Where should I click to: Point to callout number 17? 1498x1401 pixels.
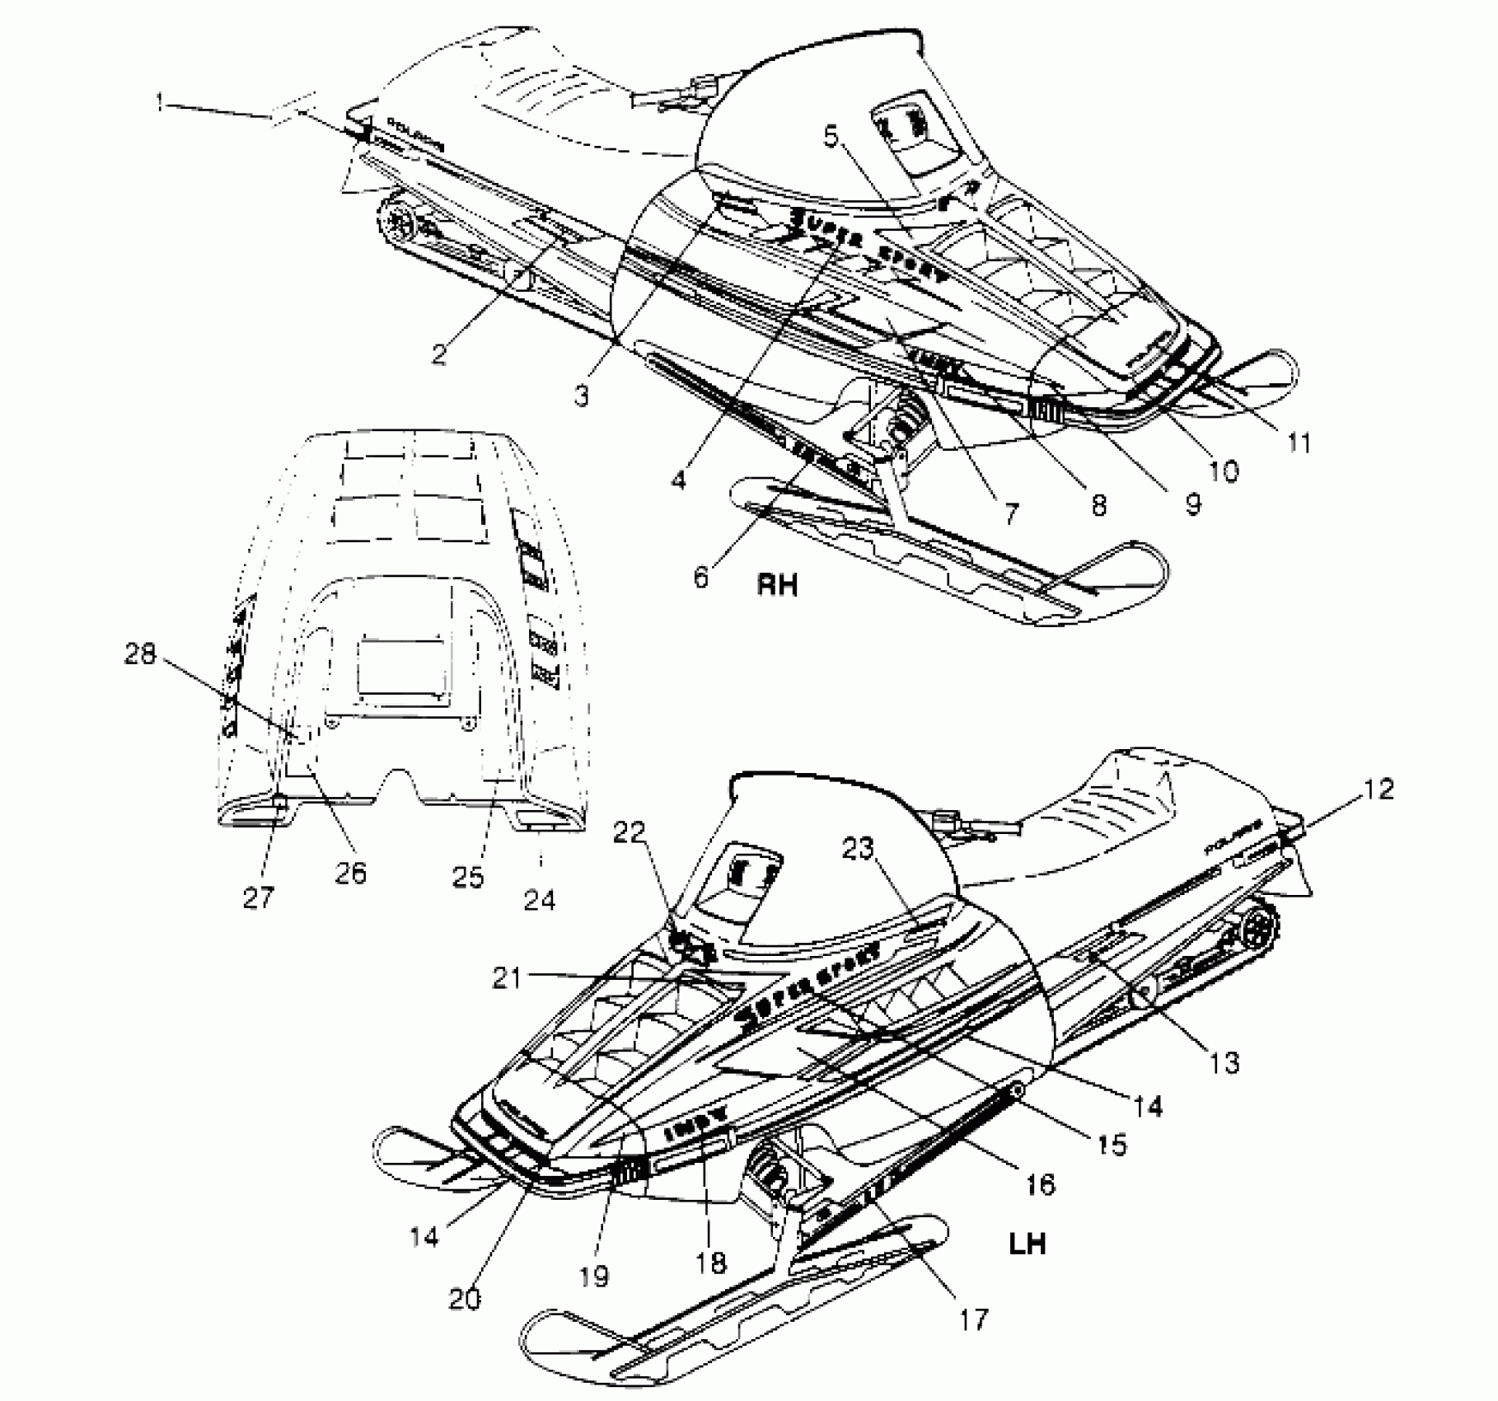coord(973,1319)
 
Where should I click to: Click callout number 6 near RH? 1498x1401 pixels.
coord(701,577)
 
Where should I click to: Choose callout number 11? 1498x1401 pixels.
coord(1299,443)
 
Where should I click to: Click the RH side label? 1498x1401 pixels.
coord(777,585)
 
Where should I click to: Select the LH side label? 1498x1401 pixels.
coord(1027,1242)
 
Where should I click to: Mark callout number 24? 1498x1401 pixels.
coord(540,900)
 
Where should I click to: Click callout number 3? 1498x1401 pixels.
coord(583,396)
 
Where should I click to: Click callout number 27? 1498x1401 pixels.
coord(257,897)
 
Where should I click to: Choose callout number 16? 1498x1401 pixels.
coord(1041,1185)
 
